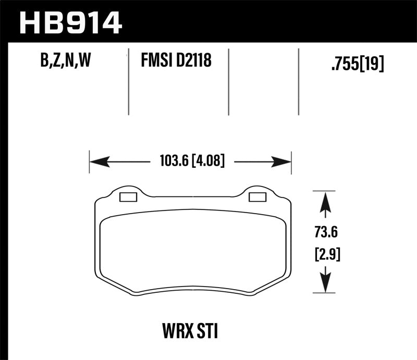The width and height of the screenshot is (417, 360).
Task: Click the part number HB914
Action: click(x=70, y=22)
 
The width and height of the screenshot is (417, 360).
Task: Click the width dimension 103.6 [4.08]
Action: click(x=190, y=162)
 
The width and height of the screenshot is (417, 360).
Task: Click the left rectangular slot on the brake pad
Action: click(x=128, y=197)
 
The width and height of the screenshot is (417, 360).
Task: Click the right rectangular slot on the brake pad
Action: click(x=257, y=197)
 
